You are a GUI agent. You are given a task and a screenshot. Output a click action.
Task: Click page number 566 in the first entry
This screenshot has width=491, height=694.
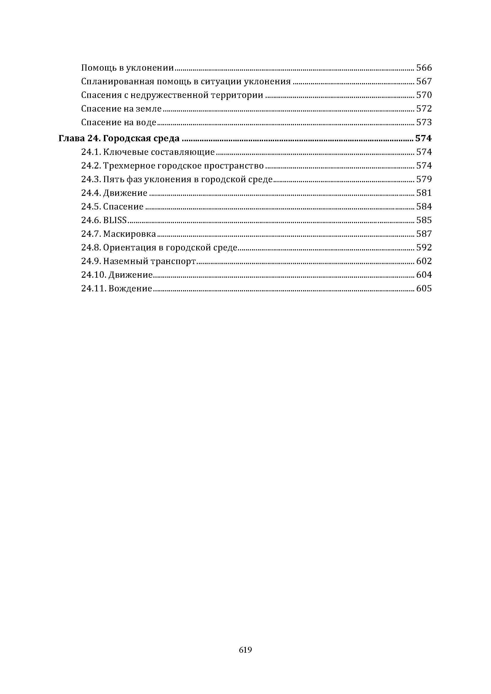coord(424,68)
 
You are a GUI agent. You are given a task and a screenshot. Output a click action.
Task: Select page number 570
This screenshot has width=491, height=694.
coord(424,95)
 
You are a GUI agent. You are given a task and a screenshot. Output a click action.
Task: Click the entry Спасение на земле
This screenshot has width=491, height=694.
coord(121,109)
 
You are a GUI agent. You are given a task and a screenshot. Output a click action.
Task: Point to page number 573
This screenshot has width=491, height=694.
coord(424,123)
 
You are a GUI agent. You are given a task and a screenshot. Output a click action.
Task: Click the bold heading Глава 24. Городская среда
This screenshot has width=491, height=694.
coord(119,139)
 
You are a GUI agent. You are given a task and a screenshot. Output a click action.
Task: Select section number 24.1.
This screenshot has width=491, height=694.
coord(91,152)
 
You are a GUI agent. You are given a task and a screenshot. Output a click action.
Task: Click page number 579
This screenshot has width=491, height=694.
coord(424,180)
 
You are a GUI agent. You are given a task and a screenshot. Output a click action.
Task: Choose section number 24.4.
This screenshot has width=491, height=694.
coord(91,193)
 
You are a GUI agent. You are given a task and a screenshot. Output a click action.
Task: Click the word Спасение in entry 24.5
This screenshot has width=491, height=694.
coord(123,207)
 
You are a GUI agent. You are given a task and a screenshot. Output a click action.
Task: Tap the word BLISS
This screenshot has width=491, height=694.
coord(115,220)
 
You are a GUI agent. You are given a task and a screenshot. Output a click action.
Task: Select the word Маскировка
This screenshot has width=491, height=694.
coord(129,234)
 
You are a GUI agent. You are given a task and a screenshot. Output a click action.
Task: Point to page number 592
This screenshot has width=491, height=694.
coord(424,247)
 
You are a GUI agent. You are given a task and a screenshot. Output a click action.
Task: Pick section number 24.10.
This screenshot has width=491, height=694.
coord(93,275)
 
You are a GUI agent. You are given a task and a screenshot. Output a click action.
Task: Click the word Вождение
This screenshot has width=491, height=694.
coord(130,289)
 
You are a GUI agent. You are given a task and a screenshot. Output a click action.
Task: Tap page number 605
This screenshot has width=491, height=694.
coord(424,289)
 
